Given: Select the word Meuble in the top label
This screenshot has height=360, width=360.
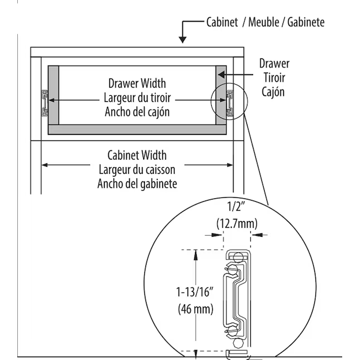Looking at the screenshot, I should coord(263,22).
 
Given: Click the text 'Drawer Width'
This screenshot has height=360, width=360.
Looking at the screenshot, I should coord(137,84).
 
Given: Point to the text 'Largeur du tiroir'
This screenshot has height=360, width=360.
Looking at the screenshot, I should coord(137,98).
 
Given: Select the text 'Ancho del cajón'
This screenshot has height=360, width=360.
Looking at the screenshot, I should coord(137,111).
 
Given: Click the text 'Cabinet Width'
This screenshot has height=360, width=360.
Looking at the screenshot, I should coord(137,155).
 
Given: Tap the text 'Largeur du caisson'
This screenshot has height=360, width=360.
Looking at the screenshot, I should coord(137,169).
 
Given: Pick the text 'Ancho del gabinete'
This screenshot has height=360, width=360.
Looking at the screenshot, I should coord(137,183).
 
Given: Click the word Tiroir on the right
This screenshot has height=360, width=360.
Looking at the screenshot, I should coord(274,77).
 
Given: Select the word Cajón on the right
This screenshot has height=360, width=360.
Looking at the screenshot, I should coord(274,91).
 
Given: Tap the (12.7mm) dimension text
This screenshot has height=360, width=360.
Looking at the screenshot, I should coord(236,222).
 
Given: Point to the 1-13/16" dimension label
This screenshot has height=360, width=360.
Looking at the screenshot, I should coord(194,292).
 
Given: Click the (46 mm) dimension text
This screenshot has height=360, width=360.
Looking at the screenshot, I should coord(195,308).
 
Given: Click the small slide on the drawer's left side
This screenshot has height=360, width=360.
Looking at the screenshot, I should coord(43,102).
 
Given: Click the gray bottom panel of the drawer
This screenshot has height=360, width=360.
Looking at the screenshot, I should coord(137,129).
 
